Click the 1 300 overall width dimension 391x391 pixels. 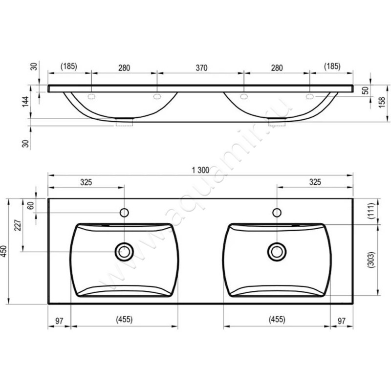200,170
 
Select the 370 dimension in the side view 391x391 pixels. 201,68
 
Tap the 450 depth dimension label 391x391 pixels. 4,252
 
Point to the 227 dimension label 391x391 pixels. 18,225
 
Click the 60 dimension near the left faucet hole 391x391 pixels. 30,206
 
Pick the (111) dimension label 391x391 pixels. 371,211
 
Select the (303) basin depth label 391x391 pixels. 371,260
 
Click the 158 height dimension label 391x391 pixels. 382,103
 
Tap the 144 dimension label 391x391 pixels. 25,102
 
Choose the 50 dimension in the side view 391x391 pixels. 365,90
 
